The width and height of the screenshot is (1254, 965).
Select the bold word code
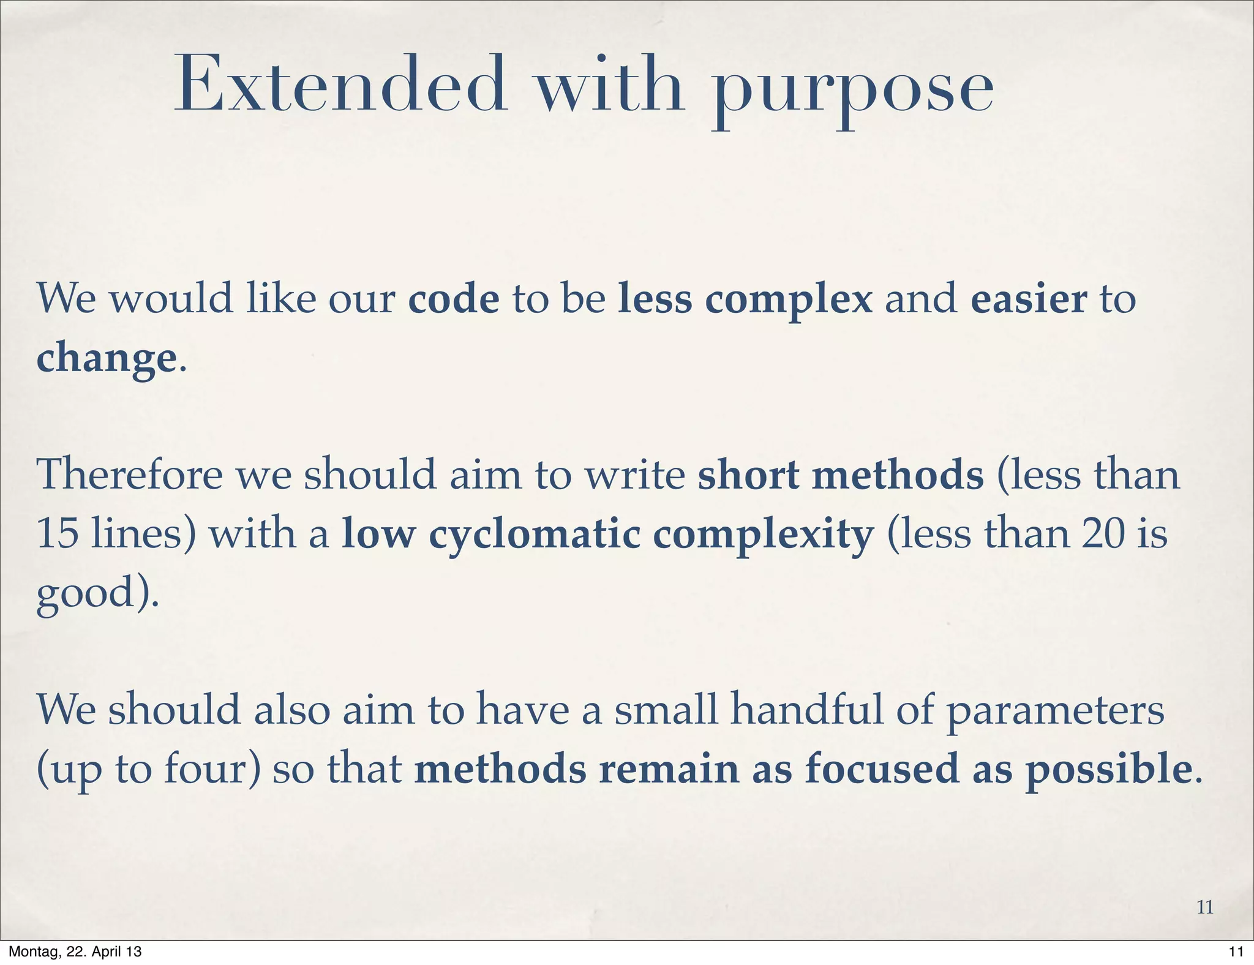[454, 299]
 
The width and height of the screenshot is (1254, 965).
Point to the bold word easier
[1029, 299]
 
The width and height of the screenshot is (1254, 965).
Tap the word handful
[808, 710]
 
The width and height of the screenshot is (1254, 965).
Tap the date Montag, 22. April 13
[75, 952]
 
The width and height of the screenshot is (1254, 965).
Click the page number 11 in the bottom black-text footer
[1236, 952]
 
